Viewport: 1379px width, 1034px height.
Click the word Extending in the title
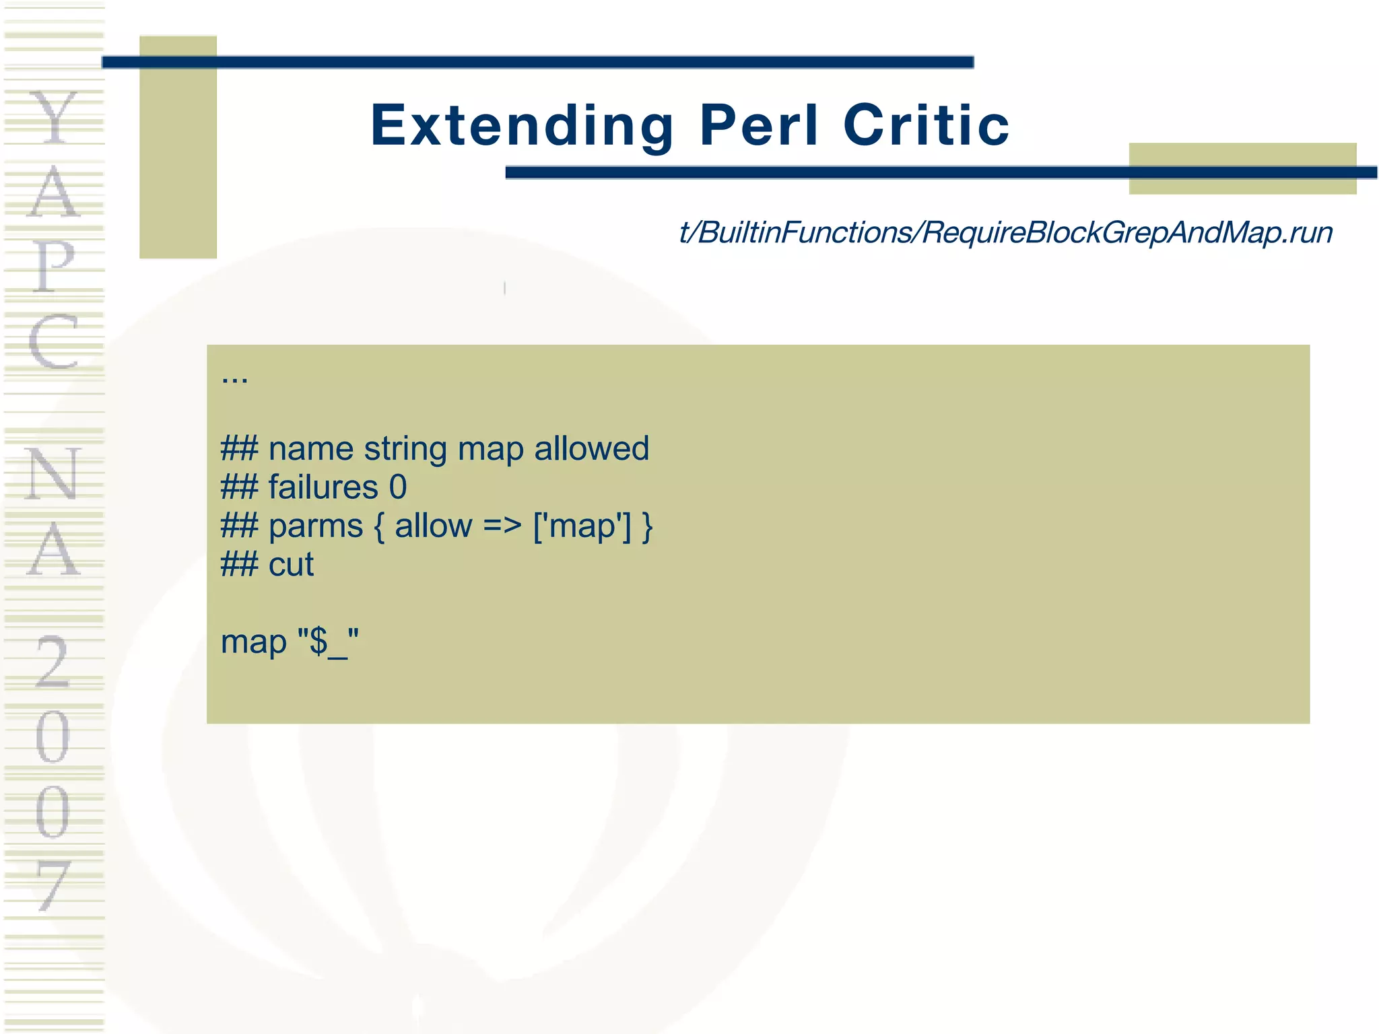522,126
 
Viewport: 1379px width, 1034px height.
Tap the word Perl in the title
759,125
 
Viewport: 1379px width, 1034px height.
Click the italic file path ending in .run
1005,233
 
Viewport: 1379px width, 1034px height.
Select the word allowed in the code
591,449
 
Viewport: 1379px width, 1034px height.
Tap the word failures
323,487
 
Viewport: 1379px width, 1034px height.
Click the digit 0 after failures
398,487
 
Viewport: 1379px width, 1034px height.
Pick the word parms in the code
315,526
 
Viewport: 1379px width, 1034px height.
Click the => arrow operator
502,526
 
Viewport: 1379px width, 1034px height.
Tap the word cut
291,565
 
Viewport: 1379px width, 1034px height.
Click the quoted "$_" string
329,642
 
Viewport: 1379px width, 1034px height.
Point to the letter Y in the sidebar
54,118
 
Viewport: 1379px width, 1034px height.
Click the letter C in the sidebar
54,343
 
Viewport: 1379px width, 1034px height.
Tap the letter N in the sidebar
54,474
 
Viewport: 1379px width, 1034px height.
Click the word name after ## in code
310,449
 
